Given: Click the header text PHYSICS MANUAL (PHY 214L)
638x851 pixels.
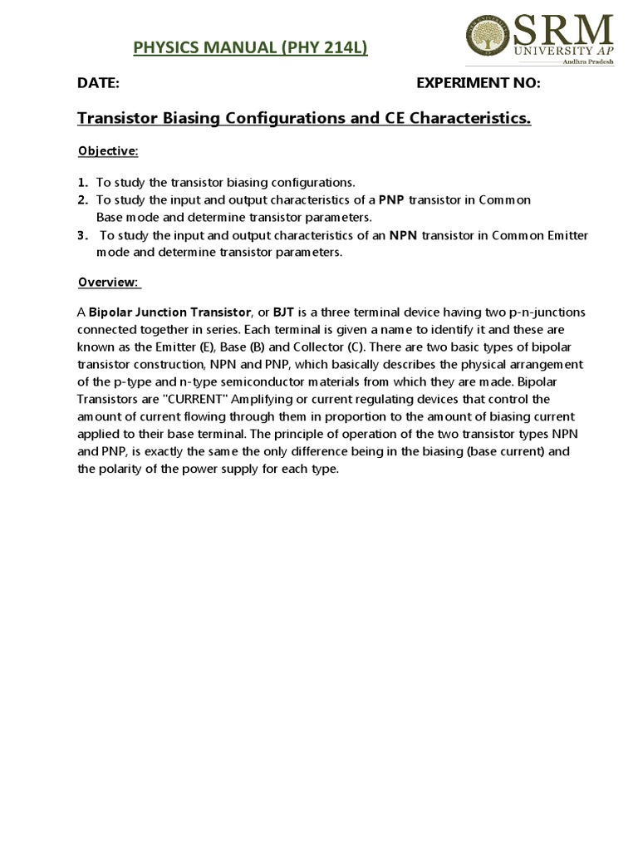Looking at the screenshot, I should [x=250, y=49].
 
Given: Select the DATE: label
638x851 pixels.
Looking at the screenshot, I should [x=99, y=83].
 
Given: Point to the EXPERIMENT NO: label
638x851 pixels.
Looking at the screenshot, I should [x=478, y=83].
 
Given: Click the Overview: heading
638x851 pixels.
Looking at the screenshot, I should [x=109, y=282].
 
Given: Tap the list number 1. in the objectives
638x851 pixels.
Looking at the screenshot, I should [x=82, y=182].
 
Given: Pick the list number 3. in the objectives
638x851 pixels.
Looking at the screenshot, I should [x=82, y=235].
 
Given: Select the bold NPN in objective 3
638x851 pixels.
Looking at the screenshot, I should [x=404, y=235].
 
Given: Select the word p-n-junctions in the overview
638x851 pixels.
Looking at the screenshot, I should [x=545, y=312].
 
